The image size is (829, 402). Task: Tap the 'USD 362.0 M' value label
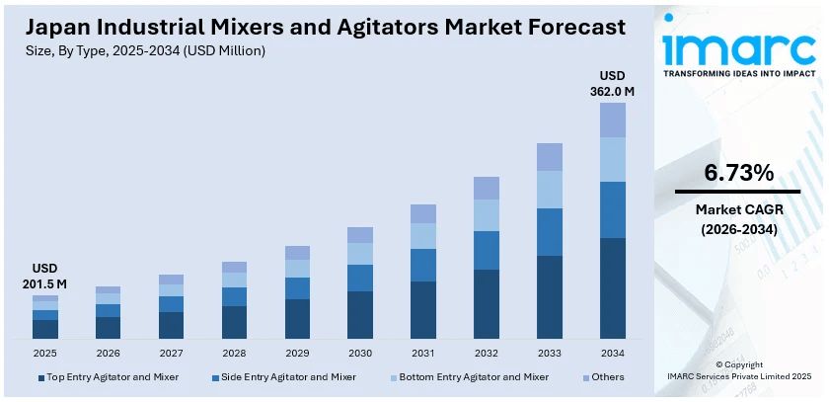pos(613,84)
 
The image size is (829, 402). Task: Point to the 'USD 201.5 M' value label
pos(44,277)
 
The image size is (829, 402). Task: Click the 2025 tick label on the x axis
pos(44,352)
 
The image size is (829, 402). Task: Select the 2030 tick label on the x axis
pos(360,352)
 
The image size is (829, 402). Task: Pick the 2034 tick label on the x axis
pos(613,352)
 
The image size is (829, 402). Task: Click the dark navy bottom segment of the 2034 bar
pos(613,287)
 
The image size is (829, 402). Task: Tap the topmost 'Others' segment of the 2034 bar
pos(613,120)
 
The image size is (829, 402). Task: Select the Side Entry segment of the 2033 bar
pos(550,232)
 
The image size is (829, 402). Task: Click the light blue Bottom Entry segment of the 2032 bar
pos(487,215)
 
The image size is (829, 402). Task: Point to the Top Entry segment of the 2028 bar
pos(234,322)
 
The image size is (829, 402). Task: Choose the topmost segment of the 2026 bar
pos(108,289)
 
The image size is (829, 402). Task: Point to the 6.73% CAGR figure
pos(738,174)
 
